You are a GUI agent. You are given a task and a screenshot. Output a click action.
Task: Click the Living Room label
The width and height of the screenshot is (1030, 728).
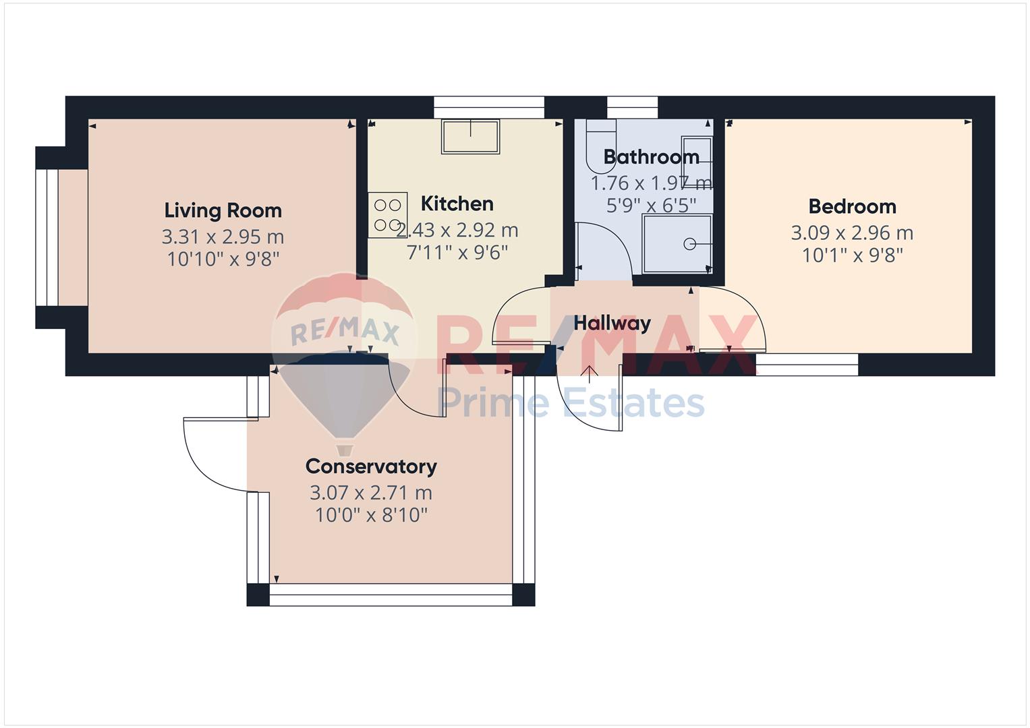[x=223, y=211]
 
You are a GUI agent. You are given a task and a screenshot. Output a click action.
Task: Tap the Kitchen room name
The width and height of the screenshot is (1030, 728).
[x=457, y=204]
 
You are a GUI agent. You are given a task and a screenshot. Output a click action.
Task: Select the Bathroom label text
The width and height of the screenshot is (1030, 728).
[x=651, y=157]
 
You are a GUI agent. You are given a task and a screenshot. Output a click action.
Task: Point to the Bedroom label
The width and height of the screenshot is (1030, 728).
[x=852, y=207]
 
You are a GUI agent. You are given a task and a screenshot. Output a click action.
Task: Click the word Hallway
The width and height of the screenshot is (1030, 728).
[x=612, y=324]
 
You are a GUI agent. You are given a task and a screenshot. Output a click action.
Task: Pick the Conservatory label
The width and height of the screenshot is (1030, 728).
[x=371, y=466]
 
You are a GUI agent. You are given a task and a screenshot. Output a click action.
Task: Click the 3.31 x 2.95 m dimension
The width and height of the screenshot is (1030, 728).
[x=223, y=237]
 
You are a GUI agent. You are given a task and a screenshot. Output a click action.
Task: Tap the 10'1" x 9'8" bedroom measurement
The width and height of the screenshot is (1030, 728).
[x=852, y=255]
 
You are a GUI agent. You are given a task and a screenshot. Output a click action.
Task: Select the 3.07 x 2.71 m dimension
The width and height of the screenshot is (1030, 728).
[x=370, y=493]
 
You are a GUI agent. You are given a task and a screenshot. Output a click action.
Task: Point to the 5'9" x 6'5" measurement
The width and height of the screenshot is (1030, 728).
[x=651, y=206]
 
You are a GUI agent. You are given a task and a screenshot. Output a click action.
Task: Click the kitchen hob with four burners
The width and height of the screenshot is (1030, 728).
[x=388, y=215]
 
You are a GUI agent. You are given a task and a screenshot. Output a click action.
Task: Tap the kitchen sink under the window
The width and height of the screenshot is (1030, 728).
[x=470, y=136]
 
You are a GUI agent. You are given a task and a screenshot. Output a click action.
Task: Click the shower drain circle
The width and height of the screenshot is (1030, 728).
[x=689, y=244]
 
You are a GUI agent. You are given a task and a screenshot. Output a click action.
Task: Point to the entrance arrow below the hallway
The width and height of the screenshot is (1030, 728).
[x=590, y=374]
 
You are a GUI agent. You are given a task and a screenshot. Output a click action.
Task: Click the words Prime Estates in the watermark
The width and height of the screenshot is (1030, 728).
[x=571, y=402]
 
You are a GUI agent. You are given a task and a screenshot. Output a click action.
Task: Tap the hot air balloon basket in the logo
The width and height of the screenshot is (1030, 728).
[x=345, y=449]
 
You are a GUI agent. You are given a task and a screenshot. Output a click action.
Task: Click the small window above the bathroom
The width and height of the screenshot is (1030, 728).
[x=632, y=108]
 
